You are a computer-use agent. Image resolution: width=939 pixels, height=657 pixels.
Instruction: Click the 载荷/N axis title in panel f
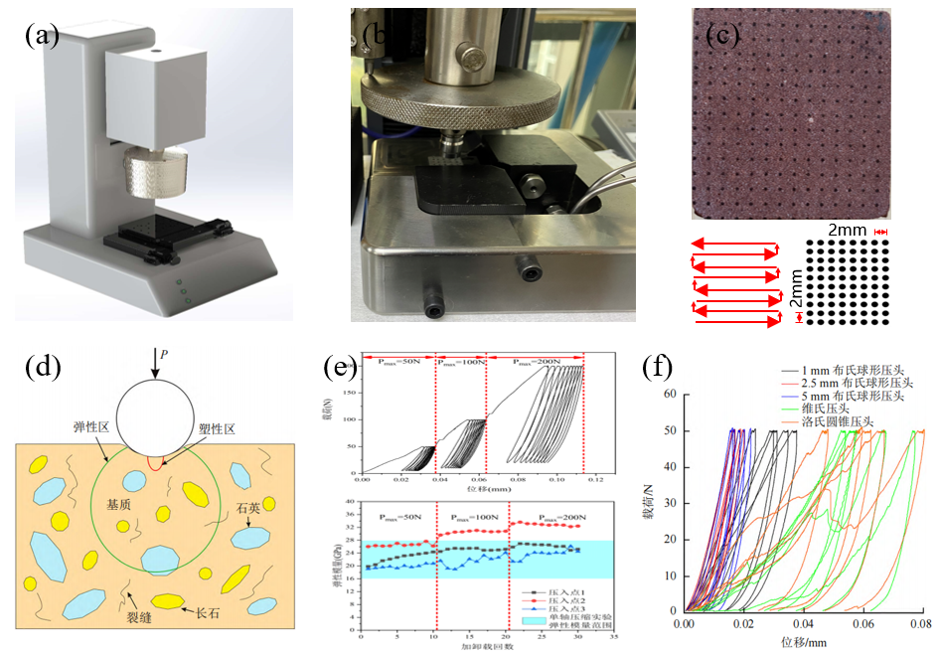[x=647, y=502]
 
